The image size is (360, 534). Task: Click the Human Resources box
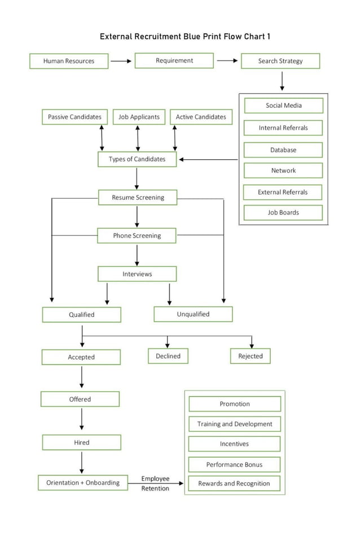69,61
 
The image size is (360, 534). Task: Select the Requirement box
174,60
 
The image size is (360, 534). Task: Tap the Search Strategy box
280,61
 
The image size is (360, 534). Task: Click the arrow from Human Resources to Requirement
121,61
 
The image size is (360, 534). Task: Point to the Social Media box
283,106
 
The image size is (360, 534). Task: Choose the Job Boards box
283,213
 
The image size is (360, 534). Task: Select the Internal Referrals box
283,128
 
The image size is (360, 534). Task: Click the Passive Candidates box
74,117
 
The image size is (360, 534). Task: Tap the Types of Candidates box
137,159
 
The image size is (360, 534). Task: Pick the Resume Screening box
138,198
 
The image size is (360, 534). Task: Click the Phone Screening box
137,235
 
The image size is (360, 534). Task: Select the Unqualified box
193,314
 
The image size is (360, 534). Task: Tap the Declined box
168,356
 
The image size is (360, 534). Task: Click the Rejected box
251,356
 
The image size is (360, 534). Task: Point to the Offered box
80,399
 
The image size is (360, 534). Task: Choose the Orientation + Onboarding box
83,483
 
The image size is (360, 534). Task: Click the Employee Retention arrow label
155,483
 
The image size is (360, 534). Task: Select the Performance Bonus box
234,465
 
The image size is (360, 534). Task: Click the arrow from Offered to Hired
82,420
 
